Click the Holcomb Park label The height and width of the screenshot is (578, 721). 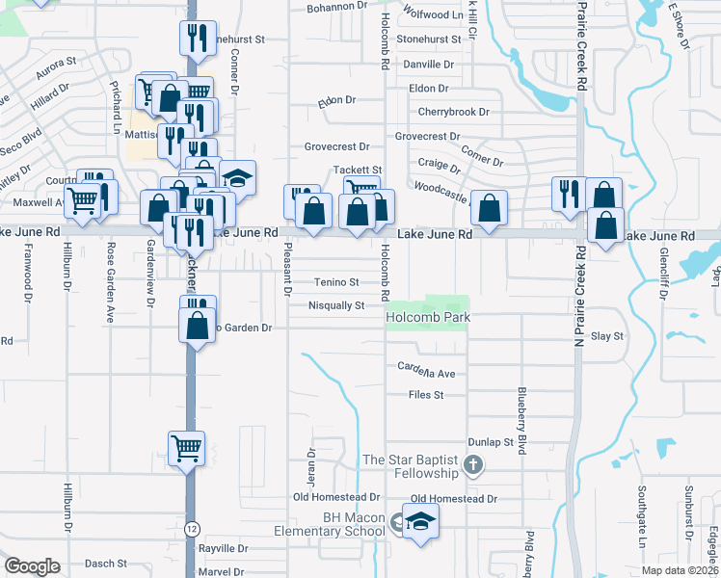427,316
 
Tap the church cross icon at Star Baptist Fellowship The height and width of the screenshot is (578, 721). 472,466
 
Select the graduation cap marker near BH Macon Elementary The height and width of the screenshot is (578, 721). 420,523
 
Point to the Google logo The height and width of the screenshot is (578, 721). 32,566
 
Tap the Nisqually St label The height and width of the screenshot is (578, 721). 335,306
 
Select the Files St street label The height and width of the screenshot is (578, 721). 425,395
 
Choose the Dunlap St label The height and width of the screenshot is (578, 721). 489,442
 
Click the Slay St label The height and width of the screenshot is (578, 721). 607,336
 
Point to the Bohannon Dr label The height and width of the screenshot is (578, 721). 337,7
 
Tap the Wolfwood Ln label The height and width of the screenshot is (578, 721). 433,15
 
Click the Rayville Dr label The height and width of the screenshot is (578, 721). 223,548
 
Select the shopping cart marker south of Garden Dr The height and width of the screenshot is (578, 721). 185,446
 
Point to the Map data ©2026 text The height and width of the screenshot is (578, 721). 680,570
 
